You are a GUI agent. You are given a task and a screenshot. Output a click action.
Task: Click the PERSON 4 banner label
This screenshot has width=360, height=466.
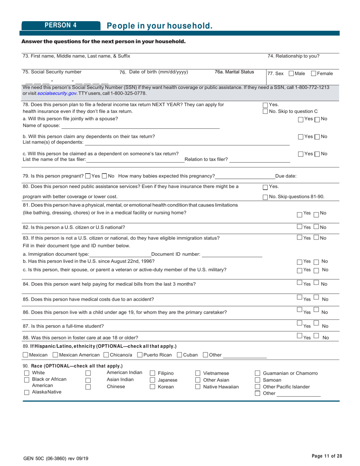pos(61,25)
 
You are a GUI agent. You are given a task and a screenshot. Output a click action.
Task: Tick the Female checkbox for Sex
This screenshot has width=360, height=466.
pos(314,73)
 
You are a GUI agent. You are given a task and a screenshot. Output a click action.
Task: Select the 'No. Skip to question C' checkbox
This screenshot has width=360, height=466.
pos(265,111)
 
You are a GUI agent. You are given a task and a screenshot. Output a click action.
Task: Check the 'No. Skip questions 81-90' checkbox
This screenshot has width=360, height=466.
pos(265,196)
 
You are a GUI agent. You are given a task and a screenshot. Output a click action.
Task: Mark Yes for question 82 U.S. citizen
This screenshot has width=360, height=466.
pos(299,227)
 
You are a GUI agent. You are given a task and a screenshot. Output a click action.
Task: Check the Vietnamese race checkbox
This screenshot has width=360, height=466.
pos(197,373)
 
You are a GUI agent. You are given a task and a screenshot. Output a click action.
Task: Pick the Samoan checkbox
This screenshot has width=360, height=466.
pos(258,380)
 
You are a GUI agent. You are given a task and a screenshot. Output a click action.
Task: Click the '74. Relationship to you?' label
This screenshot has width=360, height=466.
pos(293,56)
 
